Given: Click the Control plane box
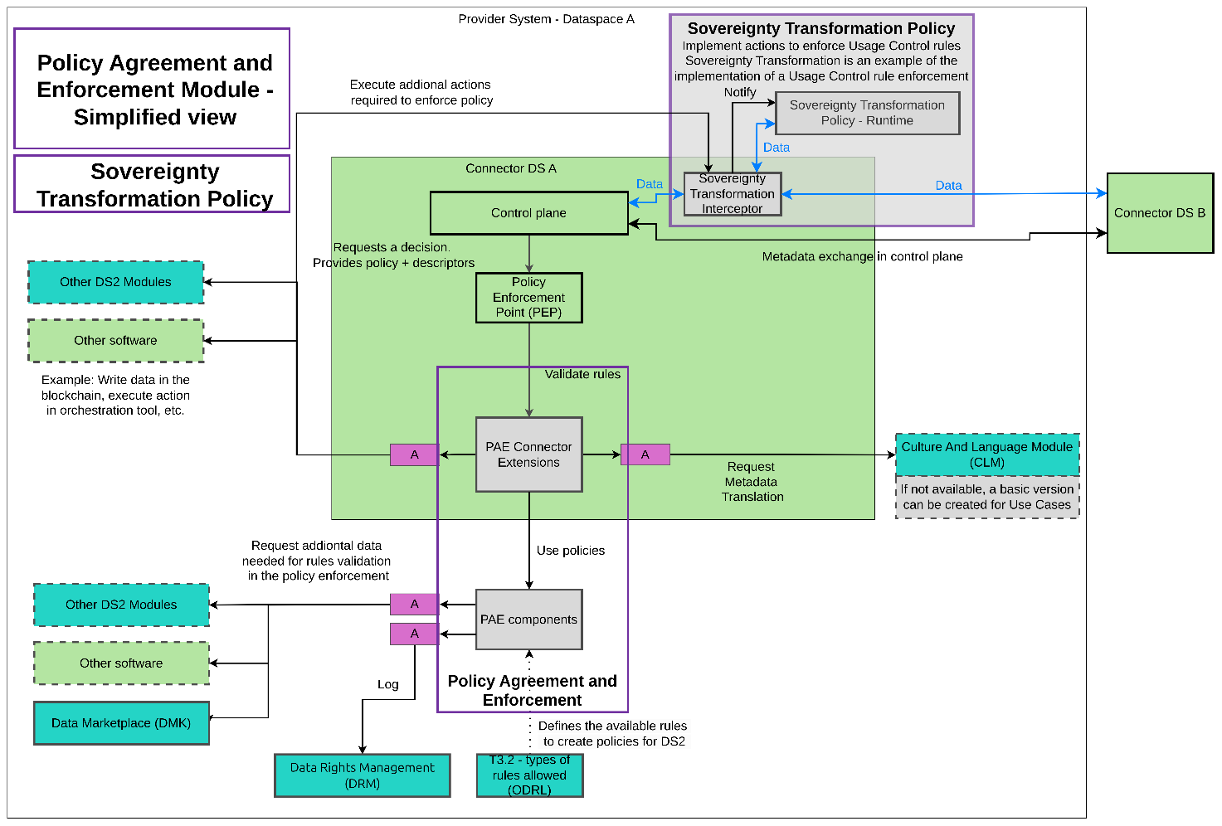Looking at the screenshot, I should click(528, 213).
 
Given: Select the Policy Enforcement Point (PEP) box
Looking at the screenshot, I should click(528, 298).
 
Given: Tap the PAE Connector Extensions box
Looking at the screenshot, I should click(528, 454).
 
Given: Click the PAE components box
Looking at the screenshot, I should click(528, 619).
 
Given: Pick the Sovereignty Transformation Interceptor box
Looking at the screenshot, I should click(732, 194).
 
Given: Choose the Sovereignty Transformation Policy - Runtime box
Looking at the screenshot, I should click(867, 113).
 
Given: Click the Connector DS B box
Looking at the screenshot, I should click(1160, 213).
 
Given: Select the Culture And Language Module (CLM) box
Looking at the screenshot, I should click(987, 454).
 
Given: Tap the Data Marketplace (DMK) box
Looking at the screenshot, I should click(121, 723).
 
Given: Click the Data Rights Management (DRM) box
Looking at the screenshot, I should click(363, 775).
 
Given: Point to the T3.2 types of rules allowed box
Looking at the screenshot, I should click(529, 775).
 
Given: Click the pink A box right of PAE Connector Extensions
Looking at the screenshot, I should click(645, 454).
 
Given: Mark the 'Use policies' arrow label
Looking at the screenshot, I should click(571, 551).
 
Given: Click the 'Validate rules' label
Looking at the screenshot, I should click(582, 375).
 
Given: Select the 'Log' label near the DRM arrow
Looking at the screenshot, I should click(388, 684).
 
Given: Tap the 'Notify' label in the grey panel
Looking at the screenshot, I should click(740, 92).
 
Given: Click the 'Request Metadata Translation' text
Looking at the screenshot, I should click(752, 482).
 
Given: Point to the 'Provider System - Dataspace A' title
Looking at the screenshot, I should click(546, 19).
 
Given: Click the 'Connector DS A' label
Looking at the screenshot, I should click(511, 168).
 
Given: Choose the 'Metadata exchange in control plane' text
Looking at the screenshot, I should click(863, 257).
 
